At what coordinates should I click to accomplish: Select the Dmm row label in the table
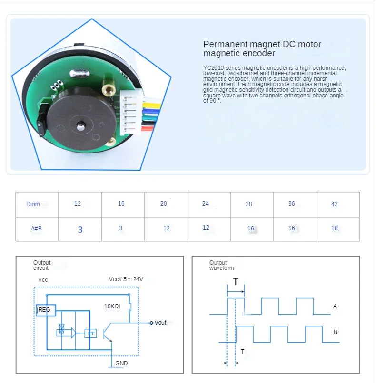click(x=33, y=204)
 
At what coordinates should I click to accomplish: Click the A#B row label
click(x=36, y=228)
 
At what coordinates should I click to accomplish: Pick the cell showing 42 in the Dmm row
click(x=334, y=204)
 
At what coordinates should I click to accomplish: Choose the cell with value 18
click(x=334, y=228)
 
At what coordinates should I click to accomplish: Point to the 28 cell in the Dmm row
click(x=249, y=204)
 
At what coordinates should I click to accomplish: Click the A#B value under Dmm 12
click(x=80, y=230)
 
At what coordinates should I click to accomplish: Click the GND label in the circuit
click(x=121, y=364)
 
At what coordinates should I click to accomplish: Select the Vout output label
click(x=159, y=323)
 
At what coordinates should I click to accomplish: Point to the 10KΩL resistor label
click(x=113, y=306)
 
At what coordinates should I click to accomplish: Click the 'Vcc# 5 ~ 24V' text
click(x=126, y=279)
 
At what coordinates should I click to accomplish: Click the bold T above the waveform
click(x=236, y=282)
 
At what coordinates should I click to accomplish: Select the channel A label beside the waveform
click(x=335, y=306)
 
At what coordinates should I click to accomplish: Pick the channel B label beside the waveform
click(x=335, y=332)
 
